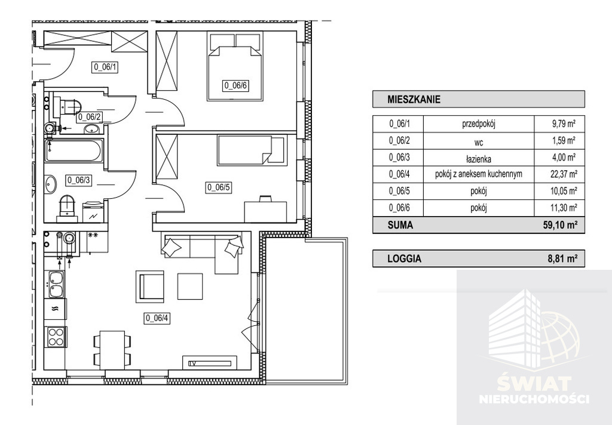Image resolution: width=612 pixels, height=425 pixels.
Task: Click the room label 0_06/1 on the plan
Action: coord(105,67)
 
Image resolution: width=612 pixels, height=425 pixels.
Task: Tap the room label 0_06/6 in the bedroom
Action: coord(235,85)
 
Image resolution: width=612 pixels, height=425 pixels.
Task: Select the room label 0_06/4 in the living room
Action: coord(158,318)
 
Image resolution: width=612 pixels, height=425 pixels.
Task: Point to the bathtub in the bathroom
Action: coord(74,151)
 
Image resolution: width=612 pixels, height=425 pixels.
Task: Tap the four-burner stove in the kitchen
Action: coord(56,337)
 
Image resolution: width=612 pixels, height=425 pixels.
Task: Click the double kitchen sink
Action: coord(56,284)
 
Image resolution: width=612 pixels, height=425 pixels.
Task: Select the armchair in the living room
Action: coord(150,285)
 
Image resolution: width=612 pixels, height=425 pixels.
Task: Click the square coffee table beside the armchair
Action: coord(190,286)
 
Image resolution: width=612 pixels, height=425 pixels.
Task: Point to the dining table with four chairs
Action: coord(112,350)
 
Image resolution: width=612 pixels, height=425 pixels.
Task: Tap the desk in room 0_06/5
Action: coord(265,210)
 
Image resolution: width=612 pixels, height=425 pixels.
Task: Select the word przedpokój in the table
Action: coord(479,124)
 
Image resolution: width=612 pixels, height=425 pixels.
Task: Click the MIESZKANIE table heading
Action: coord(414,100)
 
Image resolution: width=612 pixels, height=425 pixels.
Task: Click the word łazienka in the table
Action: coord(479,159)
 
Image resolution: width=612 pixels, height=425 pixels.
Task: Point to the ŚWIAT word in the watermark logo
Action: coord(534,384)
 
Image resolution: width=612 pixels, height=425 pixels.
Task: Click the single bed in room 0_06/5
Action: coord(250,150)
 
